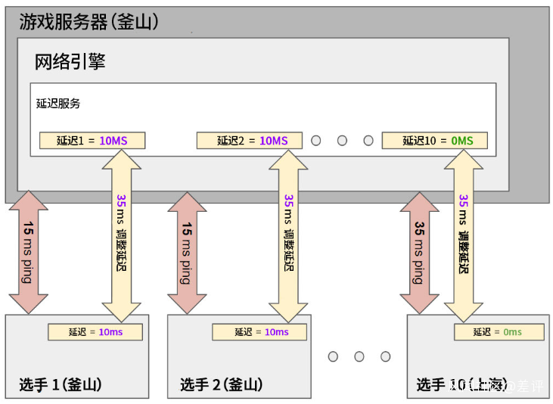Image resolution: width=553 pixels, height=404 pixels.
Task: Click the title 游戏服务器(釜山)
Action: [x=89, y=22]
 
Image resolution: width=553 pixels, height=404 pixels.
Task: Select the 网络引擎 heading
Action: [x=70, y=62]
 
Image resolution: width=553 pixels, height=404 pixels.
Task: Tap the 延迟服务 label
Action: [x=58, y=104]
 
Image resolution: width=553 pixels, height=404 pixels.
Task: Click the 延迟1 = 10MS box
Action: [x=92, y=141]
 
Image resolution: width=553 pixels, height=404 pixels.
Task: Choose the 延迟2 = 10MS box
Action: [x=249, y=141]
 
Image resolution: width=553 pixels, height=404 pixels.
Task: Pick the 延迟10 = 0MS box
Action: [x=434, y=141]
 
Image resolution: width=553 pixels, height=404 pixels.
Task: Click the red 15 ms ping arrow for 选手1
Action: [x=28, y=253]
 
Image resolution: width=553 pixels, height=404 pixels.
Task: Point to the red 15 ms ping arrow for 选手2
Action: [x=186, y=253]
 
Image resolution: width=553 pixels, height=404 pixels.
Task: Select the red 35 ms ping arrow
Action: [x=419, y=253]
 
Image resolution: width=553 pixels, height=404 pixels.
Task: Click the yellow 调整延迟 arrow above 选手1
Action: [x=122, y=235]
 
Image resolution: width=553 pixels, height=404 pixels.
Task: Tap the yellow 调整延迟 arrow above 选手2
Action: [x=289, y=235]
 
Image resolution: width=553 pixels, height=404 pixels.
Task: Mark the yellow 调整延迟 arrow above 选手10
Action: [x=464, y=235]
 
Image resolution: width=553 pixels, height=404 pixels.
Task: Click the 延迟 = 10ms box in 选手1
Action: [x=95, y=332]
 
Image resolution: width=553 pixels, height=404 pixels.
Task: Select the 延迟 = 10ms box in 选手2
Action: [x=259, y=332]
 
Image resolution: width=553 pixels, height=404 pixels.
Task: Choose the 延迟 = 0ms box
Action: [x=499, y=332]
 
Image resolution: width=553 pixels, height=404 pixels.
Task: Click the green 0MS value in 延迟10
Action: [x=461, y=141]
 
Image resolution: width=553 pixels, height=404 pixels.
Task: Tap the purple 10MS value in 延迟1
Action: [x=114, y=141]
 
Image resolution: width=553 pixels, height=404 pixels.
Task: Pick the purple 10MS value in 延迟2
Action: [x=274, y=141]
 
